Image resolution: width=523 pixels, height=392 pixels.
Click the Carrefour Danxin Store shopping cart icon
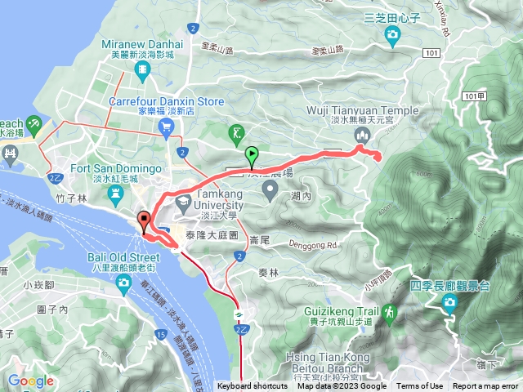click(x=167, y=126)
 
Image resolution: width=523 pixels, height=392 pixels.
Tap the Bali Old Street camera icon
click(x=123, y=282)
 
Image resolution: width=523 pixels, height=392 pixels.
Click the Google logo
click(x=30, y=381)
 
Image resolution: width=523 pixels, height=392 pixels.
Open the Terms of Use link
click(x=420, y=386)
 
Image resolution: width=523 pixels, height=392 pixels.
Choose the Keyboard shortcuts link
click(x=253, y=386)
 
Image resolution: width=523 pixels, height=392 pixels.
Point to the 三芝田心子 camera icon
click(x=393, y=34)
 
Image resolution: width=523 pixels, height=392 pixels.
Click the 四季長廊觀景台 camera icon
click(x=449, y=304)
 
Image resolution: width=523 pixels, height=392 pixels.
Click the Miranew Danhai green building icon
click(x=144, y=71)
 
